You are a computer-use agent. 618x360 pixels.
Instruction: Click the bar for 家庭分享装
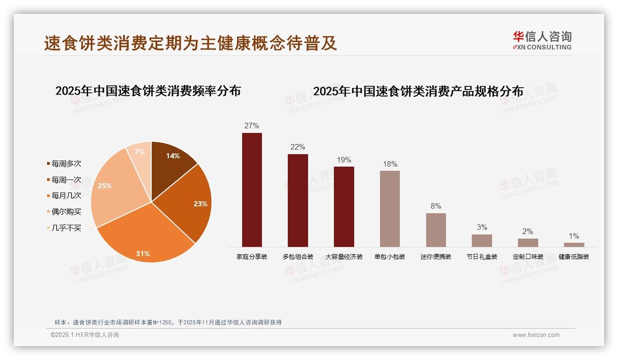[252, 190]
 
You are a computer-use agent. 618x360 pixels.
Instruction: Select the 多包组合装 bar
[297, 200]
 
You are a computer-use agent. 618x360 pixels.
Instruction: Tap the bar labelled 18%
[390, 209]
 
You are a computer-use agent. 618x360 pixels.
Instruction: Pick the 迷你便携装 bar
[436, 230]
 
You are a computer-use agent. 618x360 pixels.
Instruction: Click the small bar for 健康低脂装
[574, 245]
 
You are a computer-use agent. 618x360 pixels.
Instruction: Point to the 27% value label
[252, 126]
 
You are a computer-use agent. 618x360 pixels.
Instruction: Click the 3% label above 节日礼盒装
[482, 227]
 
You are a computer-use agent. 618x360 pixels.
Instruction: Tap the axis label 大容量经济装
[344, 257]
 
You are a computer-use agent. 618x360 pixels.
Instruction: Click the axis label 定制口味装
[528, 257]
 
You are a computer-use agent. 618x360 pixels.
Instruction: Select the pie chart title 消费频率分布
[148, 91]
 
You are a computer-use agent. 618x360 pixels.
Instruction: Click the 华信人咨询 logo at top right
[542, 40]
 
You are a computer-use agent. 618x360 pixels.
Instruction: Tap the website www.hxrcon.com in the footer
[536, 335]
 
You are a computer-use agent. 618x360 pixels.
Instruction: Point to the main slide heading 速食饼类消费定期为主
[190, 43]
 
